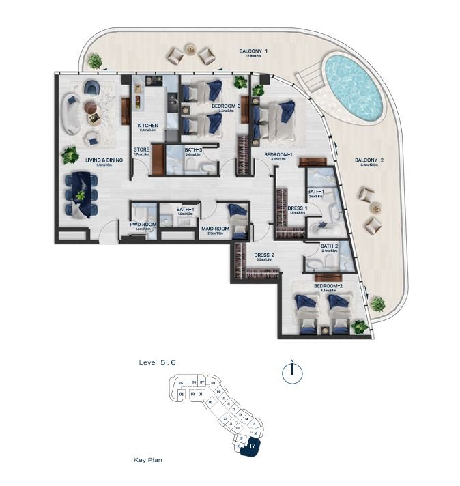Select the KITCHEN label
click(x=148, y=126)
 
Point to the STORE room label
click(x=141, y=150)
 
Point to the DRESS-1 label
click(x=297, y=208)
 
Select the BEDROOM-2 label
click(x=328, y=285)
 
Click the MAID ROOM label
click(x=214, y=229)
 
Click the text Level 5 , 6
click(x=157, y=362)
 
